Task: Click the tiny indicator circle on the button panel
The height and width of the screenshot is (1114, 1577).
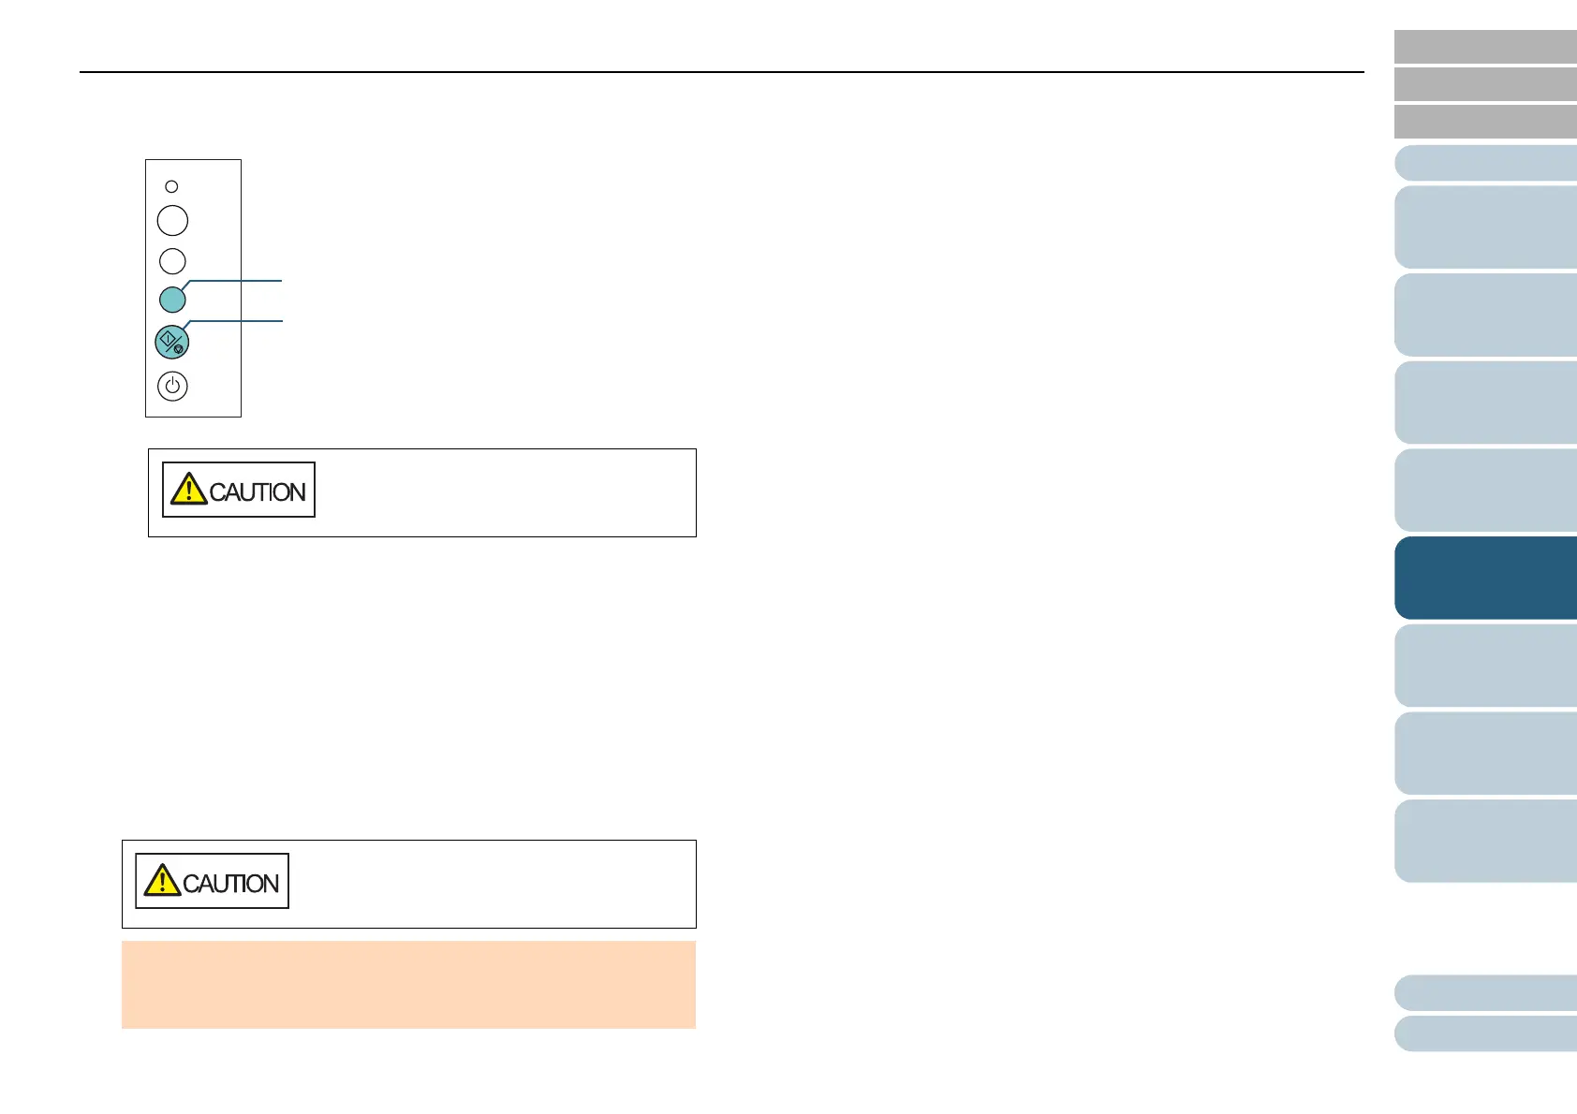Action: click(x=171, y=186)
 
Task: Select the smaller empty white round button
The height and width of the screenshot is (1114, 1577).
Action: click(x=172, y=261)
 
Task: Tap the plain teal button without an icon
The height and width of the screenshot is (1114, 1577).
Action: click(x=172, y=300)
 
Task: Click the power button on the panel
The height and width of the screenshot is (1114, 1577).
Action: click(x=172, y=386)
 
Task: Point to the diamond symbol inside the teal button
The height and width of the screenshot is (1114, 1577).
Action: click(x=168, y=338)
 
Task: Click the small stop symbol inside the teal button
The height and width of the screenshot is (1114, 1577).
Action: click(x=179, y=349)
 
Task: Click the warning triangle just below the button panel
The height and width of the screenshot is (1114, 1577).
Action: click(x=189, y=490)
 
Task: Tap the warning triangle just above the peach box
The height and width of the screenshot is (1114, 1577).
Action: click(x=162, y=881)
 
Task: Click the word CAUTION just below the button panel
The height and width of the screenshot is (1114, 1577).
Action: click(x=258, y=492)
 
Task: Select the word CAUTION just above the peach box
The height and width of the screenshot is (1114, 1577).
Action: click(x=231, y=884)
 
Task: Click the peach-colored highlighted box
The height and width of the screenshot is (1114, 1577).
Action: click(x=408, y=984)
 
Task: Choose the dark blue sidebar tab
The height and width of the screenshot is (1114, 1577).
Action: click(x=1485, y=578)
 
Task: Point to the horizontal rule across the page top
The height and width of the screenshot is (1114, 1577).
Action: click(x=721, y=72)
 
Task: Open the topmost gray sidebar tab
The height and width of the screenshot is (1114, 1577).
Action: click(x=1485, y=46)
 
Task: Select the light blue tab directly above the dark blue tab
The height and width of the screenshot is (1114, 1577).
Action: click(x=1485, y=491)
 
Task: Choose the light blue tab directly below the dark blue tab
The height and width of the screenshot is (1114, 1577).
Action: click(x=1485, y=665)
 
